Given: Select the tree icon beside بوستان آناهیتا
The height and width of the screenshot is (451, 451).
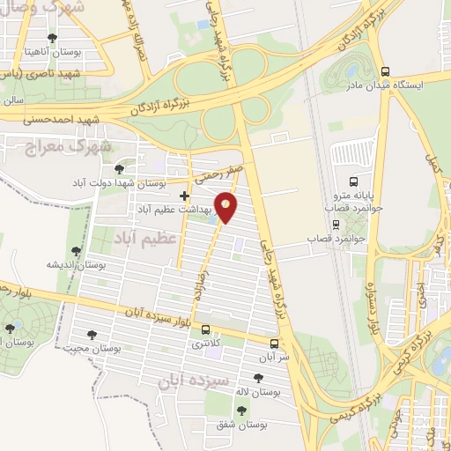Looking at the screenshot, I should [x=53, y=38].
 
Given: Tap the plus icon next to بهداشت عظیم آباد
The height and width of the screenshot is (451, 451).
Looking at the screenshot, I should [x=183, y=196].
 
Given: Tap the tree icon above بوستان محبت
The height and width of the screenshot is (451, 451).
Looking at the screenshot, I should [x=91, y=334].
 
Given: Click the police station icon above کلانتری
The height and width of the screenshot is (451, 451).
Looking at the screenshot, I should [x=206, y=330].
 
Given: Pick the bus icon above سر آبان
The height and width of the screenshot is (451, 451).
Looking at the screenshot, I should [x=274, y=344].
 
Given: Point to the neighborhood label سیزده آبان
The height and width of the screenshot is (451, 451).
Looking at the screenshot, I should [x=192, y=382].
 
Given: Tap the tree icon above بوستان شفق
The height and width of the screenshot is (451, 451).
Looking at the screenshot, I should [x=241, y=410].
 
